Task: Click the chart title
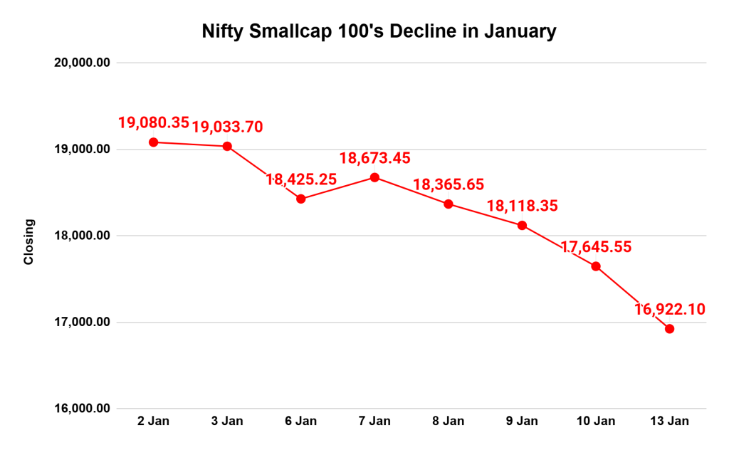pos(378,32)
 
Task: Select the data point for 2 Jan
pos(154,142)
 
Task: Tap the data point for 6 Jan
pos(301,199)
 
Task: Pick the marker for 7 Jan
pos(375,177)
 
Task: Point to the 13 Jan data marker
pos(669,329)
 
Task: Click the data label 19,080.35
pos(154,122)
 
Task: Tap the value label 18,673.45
pos(375,158)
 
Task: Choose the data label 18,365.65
pos(449,185)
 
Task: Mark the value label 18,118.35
pos(523,206)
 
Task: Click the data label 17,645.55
pos(596,247)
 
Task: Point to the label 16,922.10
pos(669,309)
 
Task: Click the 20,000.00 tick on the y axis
pos(82,63)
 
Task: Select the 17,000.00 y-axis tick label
pos(82,322)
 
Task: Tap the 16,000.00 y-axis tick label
pos(82,409)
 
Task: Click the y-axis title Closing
pos(29,241)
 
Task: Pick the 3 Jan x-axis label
pos(228,422)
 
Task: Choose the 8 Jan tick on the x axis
pos(449,422)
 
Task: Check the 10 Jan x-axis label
pos(596,422)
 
